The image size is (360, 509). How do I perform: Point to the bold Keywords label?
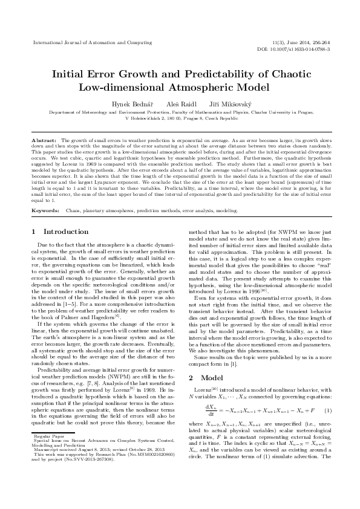pos(45,193)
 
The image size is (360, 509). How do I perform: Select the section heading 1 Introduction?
pos(59,215)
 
